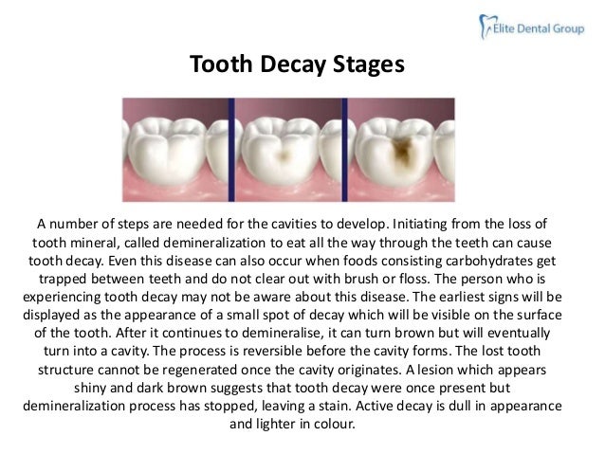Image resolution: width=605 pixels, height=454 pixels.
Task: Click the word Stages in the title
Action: pyautogui.click(x=368, y=65)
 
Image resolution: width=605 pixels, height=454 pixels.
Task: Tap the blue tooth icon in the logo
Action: pyautogui.click(x=482, y=28)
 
